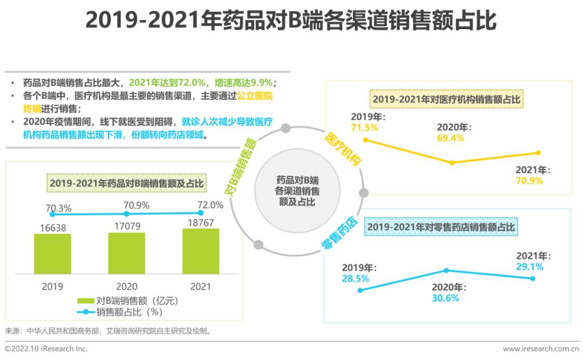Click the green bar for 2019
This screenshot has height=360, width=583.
coord(52,254)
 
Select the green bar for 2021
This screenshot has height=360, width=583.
coord(201,252)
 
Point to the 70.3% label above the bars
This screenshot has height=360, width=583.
coord(58,208)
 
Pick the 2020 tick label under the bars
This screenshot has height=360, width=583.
coord(126,287)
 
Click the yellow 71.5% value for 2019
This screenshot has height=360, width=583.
coord(364,128)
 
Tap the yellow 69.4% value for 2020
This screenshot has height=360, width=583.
coord(451,138)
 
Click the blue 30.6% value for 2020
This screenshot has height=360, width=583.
coord(445,297)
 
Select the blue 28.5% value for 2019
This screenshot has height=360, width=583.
coord(355,279)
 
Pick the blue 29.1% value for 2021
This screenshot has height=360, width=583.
coord(530,267)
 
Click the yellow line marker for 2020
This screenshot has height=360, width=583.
coord(452,162)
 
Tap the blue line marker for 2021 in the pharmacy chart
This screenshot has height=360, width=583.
coord(532,279)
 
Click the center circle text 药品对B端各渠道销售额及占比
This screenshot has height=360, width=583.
coord(297,191)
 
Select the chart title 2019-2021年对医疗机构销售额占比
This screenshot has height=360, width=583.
coord(448,100)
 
